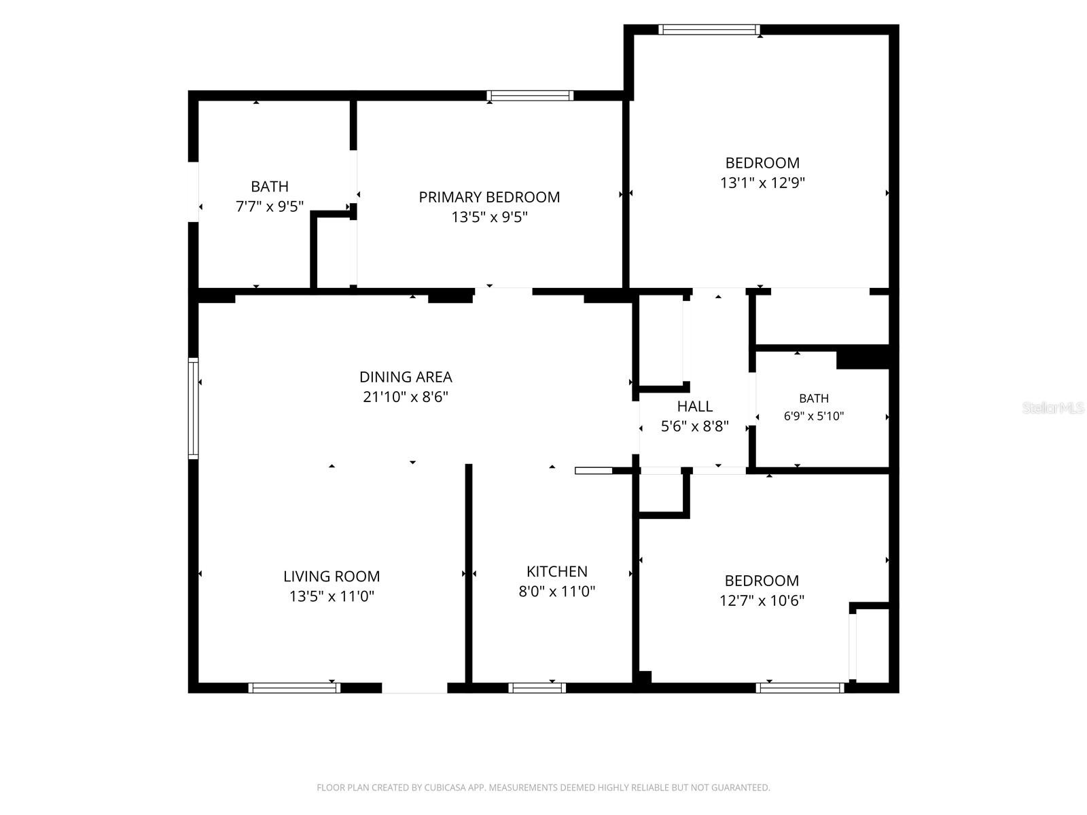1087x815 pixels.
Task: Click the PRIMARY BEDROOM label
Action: coord(488,198)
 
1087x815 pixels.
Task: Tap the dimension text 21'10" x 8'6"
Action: coord(405,397)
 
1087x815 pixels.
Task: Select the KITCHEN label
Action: coord(556,572)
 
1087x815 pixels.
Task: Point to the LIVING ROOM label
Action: coord(332,577)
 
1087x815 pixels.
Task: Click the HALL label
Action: coord(695,407)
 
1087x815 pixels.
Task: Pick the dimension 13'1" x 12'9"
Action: coord(762,183)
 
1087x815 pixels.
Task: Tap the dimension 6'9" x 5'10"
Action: coord(814,416)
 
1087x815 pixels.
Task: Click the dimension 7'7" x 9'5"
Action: coord(270,206)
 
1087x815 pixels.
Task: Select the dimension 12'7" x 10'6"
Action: coord(762,601)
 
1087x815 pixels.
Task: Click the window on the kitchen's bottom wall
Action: coord(537,688)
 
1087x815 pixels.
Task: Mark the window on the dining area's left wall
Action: coord(193,408)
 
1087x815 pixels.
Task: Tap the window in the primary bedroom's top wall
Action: coord(530,96)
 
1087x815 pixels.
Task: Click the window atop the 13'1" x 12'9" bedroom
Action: coord(709,30)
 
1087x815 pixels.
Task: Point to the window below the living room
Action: coord(294,688)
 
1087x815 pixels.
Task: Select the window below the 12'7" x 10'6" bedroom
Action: coord(800,688)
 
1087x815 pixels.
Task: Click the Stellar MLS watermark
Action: coord(1053,408)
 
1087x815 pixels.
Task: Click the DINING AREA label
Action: coord(406,377)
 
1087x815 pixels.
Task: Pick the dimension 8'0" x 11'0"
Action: coord(556,592)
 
